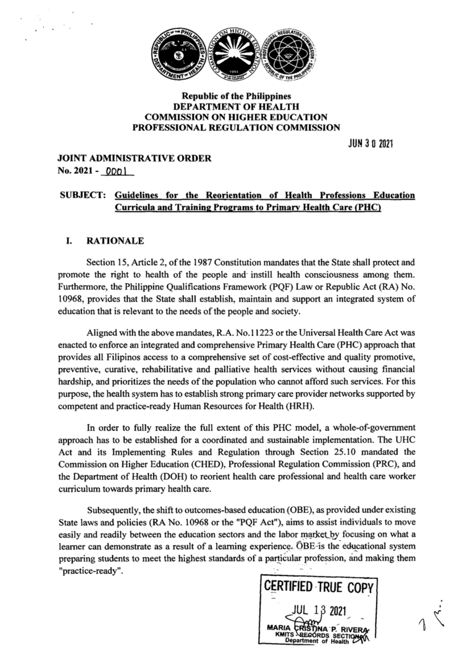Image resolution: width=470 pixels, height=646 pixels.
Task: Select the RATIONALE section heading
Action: click(115, 241)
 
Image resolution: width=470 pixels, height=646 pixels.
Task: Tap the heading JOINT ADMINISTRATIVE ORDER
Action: click(134, 158)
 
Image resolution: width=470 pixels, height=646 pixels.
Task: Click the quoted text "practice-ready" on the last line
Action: click(90, 571)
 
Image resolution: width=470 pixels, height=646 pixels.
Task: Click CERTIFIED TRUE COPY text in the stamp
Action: click(320, 588)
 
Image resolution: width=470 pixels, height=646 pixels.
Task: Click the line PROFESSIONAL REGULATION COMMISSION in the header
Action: click(236, 127)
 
